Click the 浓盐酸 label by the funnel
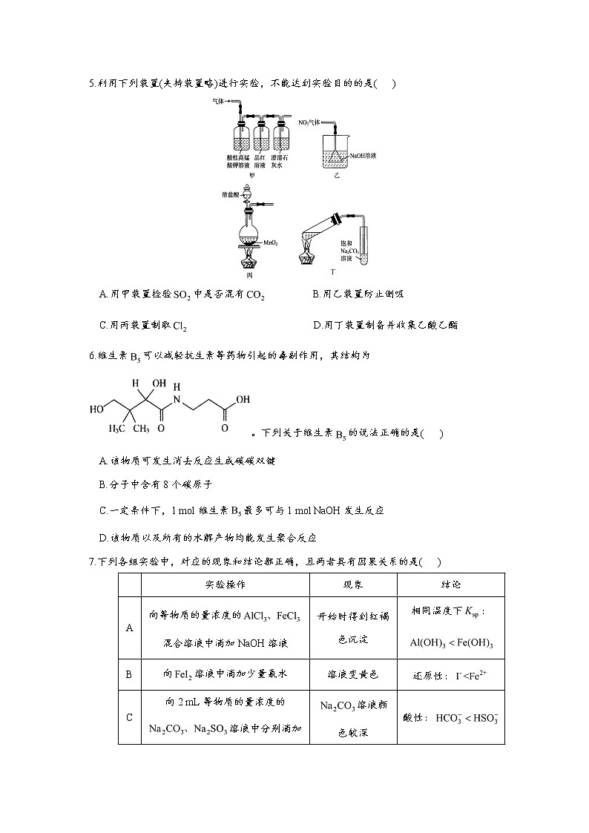pyautogui.click(x=229, y=194)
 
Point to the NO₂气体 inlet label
pyautogui.click(x=312, y=122)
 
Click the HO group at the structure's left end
pyautogui.click(x=96, y=409)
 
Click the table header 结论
pyautogui.click(x=451, y=584)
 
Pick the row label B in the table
pyautogui.click(x=129, y=674)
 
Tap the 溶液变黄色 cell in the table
pyautogui.click(x=353, y=674)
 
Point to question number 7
pyautogui.click(x=91, y=562)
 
